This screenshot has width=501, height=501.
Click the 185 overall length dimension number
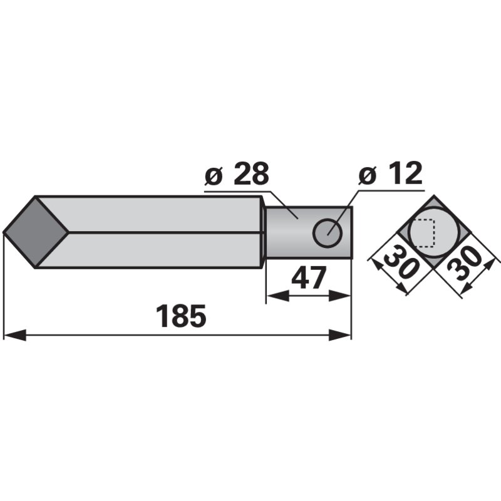tap(181, 316)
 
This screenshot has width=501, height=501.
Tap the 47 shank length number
tap(309, 277)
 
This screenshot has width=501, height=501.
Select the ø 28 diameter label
tap(237, 174)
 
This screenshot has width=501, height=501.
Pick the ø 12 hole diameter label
tap(390, 174)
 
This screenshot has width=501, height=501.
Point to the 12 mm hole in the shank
tap(328, 233)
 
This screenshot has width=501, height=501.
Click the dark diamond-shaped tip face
tap(36, 232)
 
